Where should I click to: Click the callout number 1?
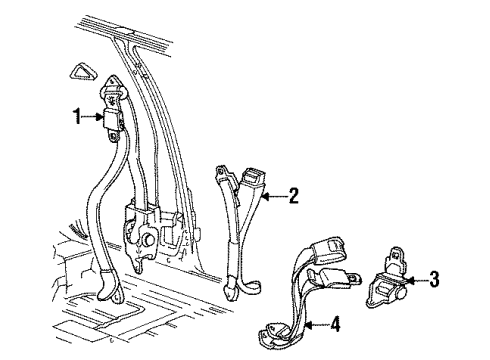click(75, 118)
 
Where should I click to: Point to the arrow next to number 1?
click(89, 118)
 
